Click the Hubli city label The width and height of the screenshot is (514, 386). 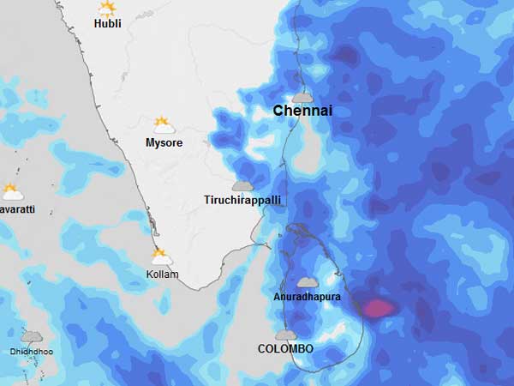pyautogui.click(x=107, y=24)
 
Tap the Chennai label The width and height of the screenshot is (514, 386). pyautogui.click(x=302, y=112)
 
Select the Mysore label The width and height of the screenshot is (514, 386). pyautogui.click(x=164, y=142)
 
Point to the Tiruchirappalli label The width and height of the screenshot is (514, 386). pyautogui.click(x=242, y=200)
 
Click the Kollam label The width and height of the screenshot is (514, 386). pyautogui.click(x=162, y=274)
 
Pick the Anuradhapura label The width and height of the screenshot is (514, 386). pyautogui.click(x=308, y=296)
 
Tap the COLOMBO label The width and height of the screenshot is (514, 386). pyautogui.click(x=285, y=349)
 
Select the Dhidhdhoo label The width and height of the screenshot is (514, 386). pyautogui.click(x=31, y=352)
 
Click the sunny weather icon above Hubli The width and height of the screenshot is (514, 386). pyautogui.click(x=107, y=9)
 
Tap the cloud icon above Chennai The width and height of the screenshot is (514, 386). pyautogui.click(x=302, y=97)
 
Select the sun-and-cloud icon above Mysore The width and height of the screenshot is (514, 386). pyautogui.click(x=163, y=125)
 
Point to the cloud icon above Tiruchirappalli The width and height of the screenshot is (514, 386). pyautogui.click(x=242, y=185)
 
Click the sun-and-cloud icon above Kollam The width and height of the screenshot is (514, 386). pyautogui.click(x=161, y=256)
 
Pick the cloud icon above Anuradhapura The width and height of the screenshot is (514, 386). pyautogui.click(x=308, y=282)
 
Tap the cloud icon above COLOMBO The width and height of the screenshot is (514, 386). pyautogui.click(x=286, y=335)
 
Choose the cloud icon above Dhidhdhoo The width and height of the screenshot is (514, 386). pyautogui.click(x=32, y=337)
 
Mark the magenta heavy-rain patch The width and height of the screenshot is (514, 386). pyautogui.click(x=378, y=306)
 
